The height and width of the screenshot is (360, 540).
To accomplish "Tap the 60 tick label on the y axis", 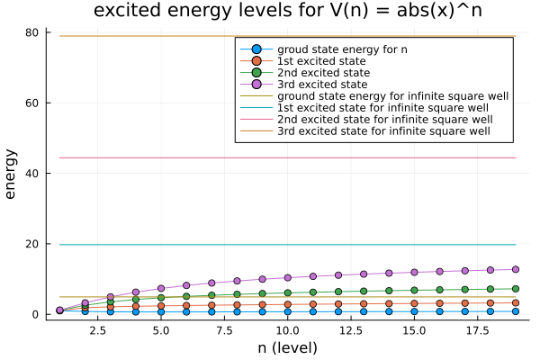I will (x=32, y=103).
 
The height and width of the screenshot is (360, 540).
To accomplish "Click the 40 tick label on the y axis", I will (x=32, y=173).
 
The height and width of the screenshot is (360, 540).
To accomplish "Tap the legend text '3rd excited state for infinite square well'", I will (x=385, y=131).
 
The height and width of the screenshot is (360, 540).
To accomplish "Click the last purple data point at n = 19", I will (x=516, y=269).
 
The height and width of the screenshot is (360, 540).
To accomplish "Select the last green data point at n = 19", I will (x=516, y=289).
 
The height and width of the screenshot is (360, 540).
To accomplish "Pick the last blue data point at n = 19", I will (x=516, y=310).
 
